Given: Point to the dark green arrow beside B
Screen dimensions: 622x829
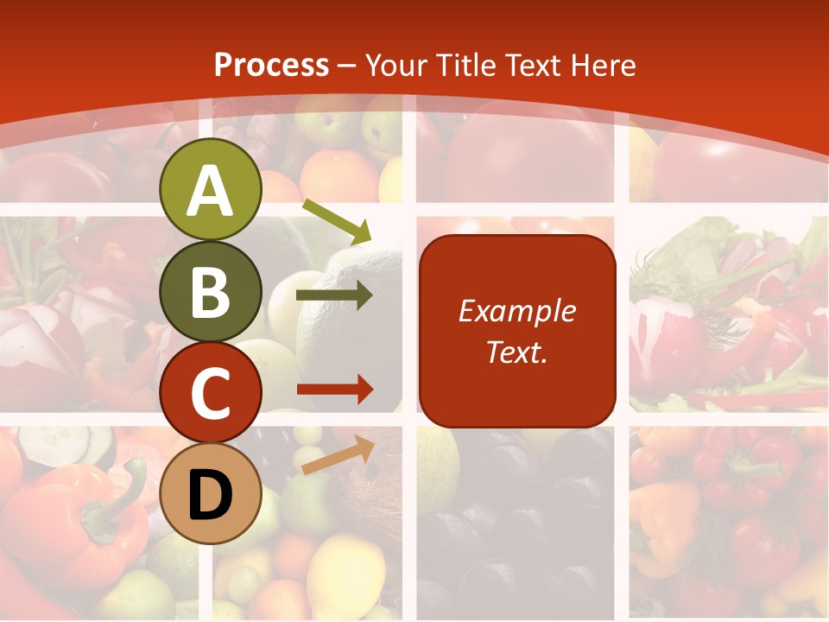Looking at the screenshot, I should click(334, 295).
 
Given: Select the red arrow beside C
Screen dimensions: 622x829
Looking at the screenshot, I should click(334, 390).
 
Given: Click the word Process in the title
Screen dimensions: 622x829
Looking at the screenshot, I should click(271, 66).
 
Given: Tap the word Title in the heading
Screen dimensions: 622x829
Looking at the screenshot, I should click(464, 66).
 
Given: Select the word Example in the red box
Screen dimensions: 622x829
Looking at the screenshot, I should click(517, 311).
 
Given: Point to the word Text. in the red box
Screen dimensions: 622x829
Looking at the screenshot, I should click(517, 352).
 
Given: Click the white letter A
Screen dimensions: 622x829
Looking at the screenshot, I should click(210, 191).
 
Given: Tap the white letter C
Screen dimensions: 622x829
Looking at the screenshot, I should click(210, 394).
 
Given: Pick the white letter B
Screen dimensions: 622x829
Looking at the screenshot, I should click(210, 292).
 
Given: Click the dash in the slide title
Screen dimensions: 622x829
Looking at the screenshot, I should click(346, 67).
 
